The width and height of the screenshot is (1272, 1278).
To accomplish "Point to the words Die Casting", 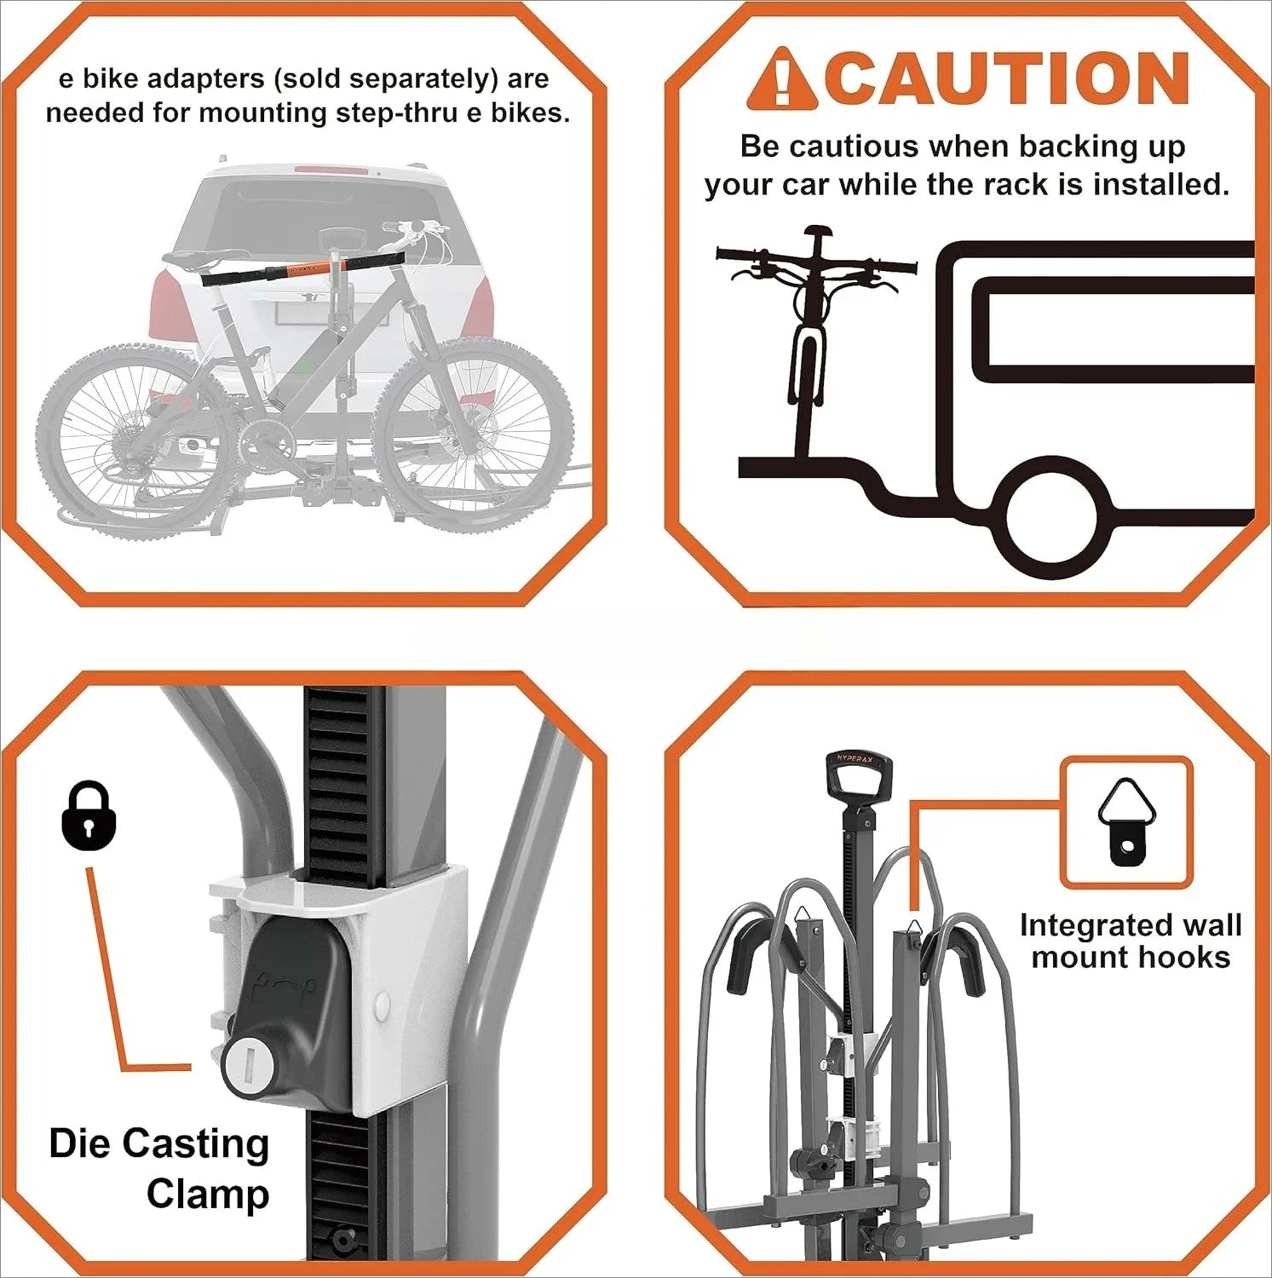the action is coord(159,1143).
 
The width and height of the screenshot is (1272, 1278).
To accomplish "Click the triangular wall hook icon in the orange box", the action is coord(1125,822).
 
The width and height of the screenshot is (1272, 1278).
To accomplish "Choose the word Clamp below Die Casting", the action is coord(208,1195).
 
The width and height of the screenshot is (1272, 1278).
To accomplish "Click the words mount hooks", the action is coord(1131,958).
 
